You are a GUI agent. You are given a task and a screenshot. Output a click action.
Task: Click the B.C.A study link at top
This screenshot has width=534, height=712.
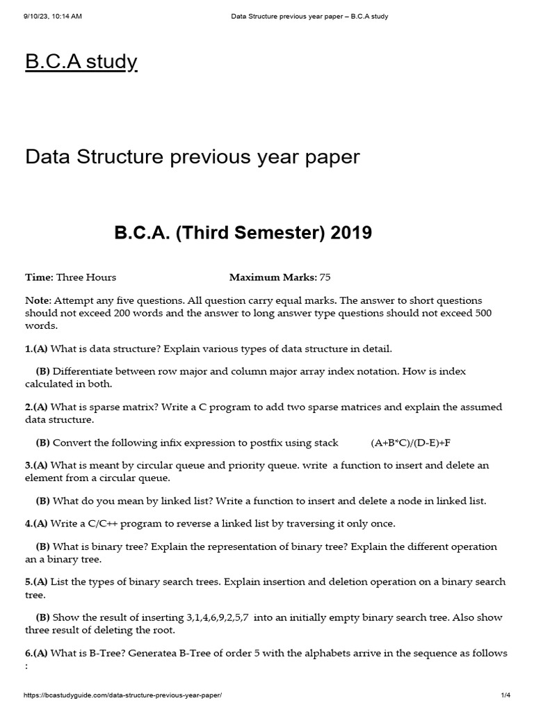[81, 62]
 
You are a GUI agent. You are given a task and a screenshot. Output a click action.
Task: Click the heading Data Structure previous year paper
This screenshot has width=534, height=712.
[193, 156]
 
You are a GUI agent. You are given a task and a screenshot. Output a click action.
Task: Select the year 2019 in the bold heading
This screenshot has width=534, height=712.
[350, 234]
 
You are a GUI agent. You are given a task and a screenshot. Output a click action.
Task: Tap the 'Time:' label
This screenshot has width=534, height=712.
[39, 277]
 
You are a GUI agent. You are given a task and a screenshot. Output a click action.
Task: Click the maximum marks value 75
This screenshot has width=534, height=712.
[325, 277]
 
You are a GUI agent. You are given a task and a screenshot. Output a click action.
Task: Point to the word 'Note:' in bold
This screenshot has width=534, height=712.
[38, 300]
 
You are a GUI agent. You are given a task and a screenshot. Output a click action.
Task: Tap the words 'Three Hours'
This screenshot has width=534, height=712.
[86, 277]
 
